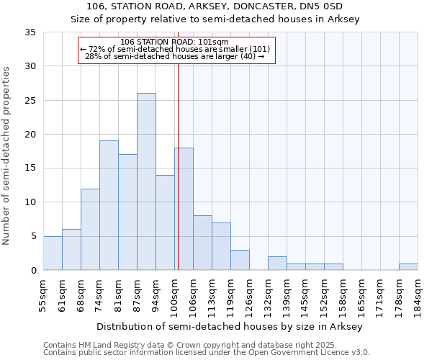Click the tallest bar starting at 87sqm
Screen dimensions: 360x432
146,181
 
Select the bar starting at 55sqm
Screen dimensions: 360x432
53,253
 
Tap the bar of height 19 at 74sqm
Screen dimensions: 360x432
109,205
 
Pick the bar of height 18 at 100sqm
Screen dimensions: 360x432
184,209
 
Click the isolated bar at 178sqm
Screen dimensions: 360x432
408,266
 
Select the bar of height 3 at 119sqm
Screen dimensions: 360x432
240,260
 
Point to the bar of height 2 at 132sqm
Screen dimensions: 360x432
277,264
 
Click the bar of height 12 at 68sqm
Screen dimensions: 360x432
90,229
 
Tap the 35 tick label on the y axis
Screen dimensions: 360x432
30,32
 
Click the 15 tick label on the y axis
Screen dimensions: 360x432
30,168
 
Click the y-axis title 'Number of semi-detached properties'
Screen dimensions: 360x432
7,156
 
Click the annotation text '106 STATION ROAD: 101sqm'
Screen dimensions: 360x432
175,42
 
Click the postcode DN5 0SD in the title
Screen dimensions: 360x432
336,6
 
